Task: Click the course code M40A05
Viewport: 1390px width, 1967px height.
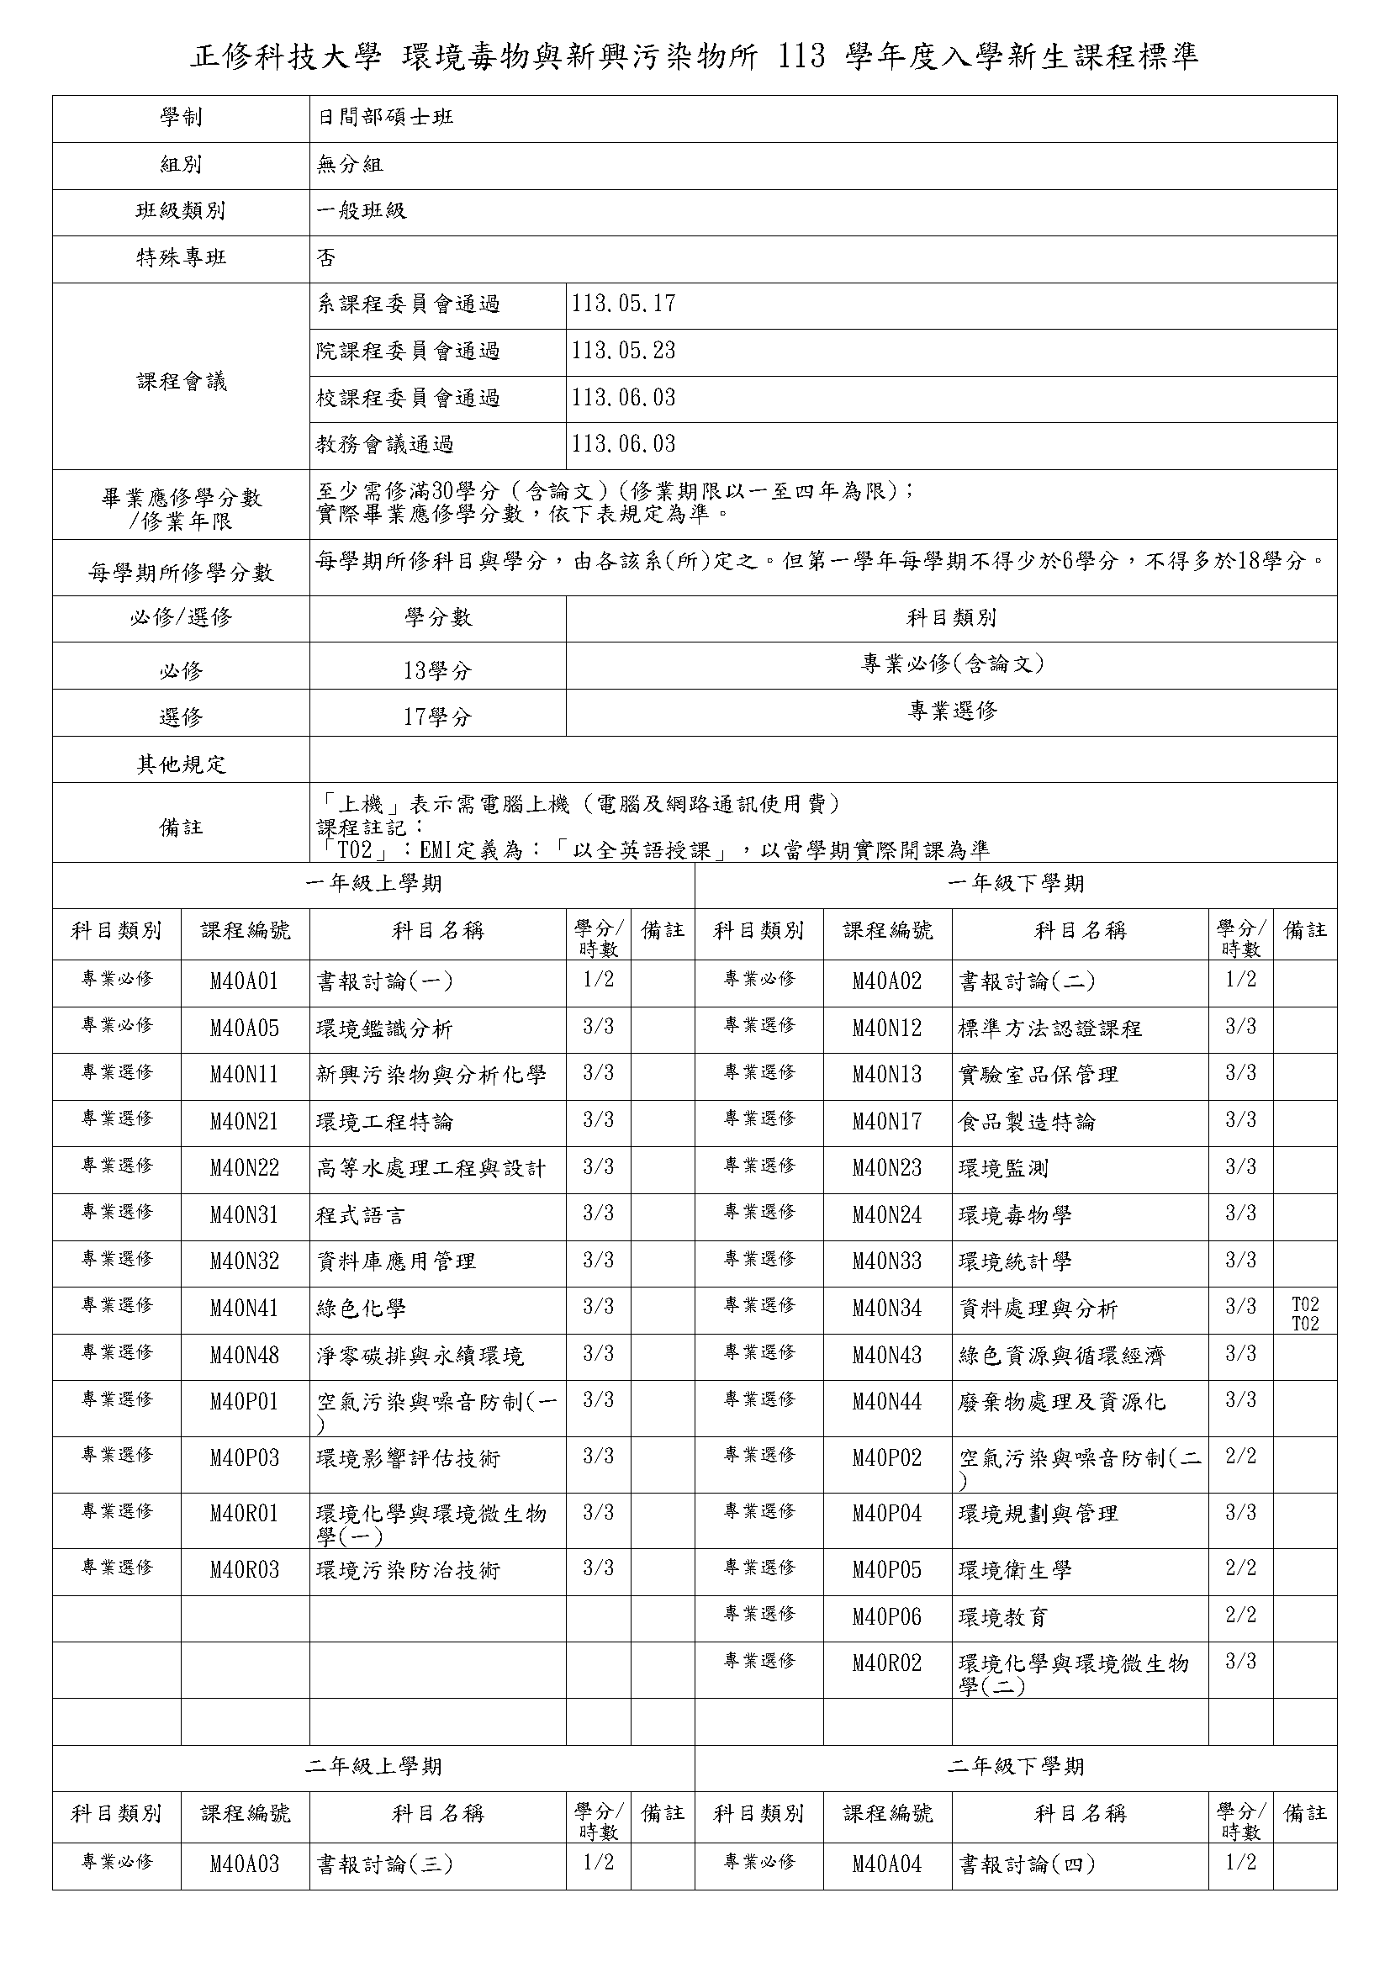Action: pyautogui.click(x=244, y=1028)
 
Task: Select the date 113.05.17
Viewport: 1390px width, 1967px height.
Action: pyautogui.click(x=623, y=304)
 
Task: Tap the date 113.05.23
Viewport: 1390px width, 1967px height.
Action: pyautogui.click(x=623, y=352)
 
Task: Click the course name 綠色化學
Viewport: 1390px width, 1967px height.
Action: pyautogui.click(x=361, y=1309)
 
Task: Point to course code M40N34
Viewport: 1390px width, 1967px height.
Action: pyautogui.click(x=886, y=1309)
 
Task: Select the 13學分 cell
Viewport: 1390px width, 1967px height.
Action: pyautogui.click(x=437, y=671)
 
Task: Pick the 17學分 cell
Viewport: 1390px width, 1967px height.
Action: pyautogui.click(x=437, y=717)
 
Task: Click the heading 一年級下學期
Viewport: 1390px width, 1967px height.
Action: pyautogui.click(x=1016, y=883)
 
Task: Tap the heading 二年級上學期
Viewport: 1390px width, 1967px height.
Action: pyautogui.click(x=373, y=1766)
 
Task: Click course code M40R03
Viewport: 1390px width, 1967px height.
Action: pyautogui.click(x=244, y=1570)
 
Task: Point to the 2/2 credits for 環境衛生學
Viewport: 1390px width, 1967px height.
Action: pyautogui.click(x=1240, y=1568)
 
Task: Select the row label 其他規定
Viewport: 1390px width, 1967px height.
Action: pyautogui.click(x=181, y=764)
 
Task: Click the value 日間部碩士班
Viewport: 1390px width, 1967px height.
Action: pyautogui.click(x=385, y=118)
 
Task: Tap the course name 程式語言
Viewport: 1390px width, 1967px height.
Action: pyautogui.click(x=361, y=1215)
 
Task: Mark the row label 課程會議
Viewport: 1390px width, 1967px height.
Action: pyautogui.click(x=181, y=382)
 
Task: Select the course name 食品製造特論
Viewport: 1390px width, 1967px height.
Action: pyautogui.click(x=1026, y=1122)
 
